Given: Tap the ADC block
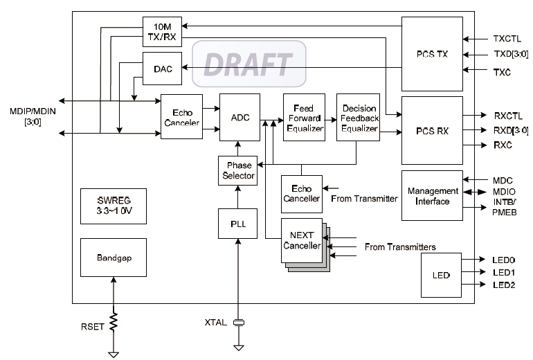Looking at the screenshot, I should [x=237, y=117].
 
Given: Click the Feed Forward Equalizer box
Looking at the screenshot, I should [x=303, y=117].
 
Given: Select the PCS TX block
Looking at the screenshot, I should [x=432, y=54].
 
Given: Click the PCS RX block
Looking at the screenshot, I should [x=432, y=131].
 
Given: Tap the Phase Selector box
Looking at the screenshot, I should [x=237, y=170].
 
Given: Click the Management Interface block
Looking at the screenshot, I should [x=432, y=196].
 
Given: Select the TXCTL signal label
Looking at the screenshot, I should [x=507, y=39].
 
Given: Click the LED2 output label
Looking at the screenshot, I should [x=505, y=285].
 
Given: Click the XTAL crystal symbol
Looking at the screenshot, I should [x=240, y=323].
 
